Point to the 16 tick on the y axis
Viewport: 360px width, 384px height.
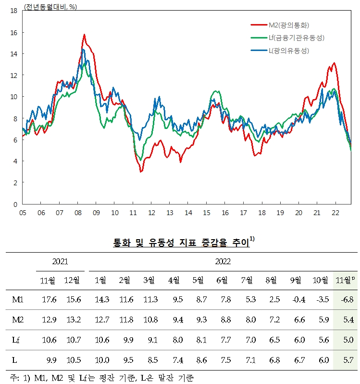click(14, 32)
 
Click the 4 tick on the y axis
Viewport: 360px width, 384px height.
click(16, 161)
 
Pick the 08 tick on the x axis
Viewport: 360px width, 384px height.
click(77, 211)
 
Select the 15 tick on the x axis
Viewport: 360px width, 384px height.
click(206, 211)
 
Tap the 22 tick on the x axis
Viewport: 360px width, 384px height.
click(335, 211)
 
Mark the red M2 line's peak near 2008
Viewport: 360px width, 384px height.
click(84, 35)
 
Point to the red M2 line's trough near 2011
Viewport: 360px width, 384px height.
click(141, 171)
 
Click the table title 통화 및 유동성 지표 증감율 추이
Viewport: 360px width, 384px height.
click(180, 243)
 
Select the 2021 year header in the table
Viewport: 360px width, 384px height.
click(60, 262)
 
